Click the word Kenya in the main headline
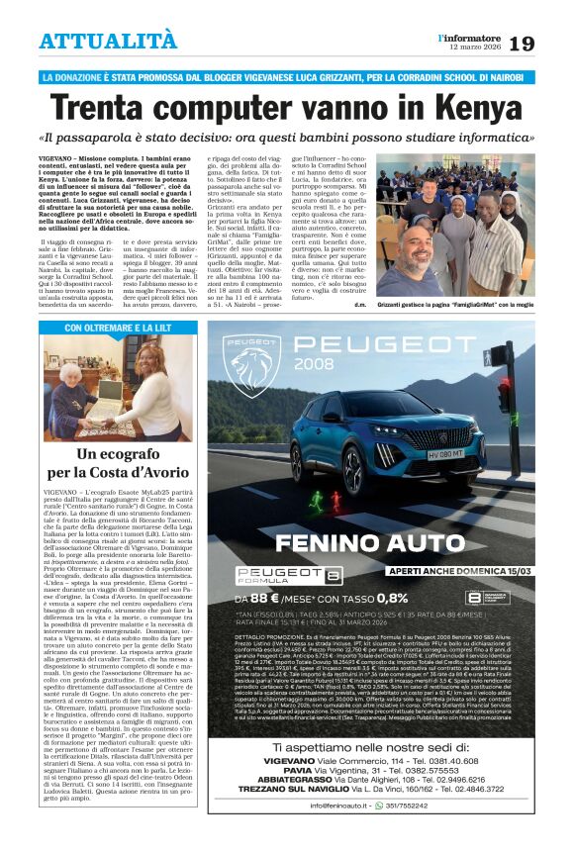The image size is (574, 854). point(470,106)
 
